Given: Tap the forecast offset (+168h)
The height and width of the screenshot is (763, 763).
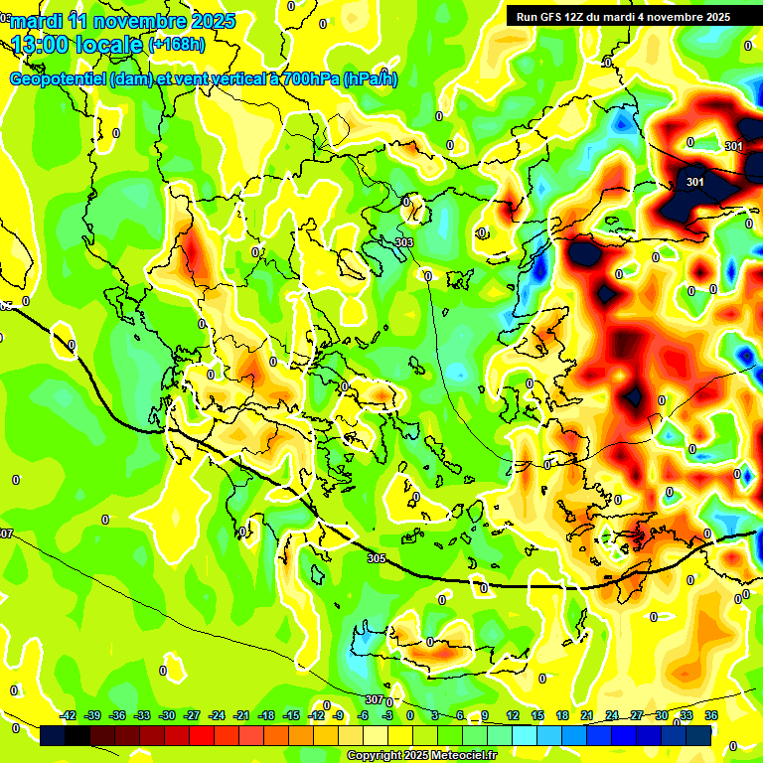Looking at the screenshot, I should pyautogui.click(x=177, y=44).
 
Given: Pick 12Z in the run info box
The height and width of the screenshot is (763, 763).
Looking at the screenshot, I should pyautogui.click(x=578, y=16).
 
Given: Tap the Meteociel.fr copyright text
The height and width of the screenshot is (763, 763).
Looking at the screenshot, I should pyautogui.click(x=421, y=756).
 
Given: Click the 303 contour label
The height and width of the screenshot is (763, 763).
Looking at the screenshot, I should pyautogui.click(x=404, y=242).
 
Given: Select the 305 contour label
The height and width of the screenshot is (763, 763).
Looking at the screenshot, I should pyautogui.click(x=376, y=559).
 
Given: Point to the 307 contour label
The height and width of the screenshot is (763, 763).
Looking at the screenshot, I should pyautogui.click(x=374, y=700).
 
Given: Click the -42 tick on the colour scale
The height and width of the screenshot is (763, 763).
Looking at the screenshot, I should pyautogui.click(x=69, y=715).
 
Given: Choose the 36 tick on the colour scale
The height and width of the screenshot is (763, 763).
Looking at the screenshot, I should pyautogui.click(x=711, y=715).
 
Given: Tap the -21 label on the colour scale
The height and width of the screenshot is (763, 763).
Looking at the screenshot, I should pyautogui.click(x=241, y=715).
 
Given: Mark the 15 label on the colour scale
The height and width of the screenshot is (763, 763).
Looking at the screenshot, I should pyautogui.click(x=537, y=715).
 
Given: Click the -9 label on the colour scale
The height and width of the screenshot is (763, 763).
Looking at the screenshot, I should pyautogui.click(x=339, y=715).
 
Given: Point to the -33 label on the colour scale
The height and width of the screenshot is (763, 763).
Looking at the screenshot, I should pyautogui.click(x=142, y=715).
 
